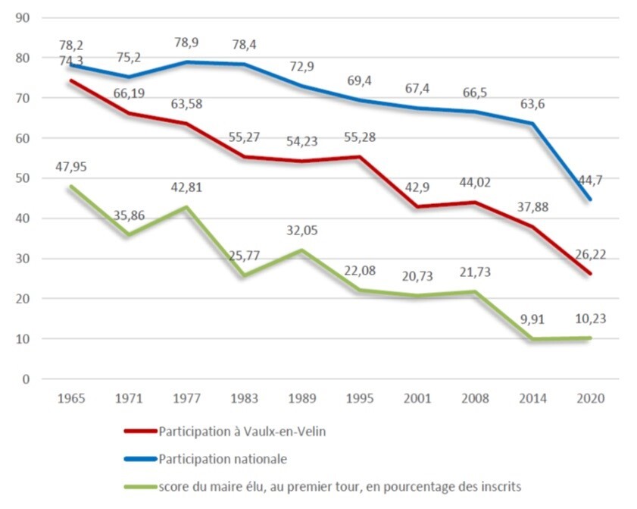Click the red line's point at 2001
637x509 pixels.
419,207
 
